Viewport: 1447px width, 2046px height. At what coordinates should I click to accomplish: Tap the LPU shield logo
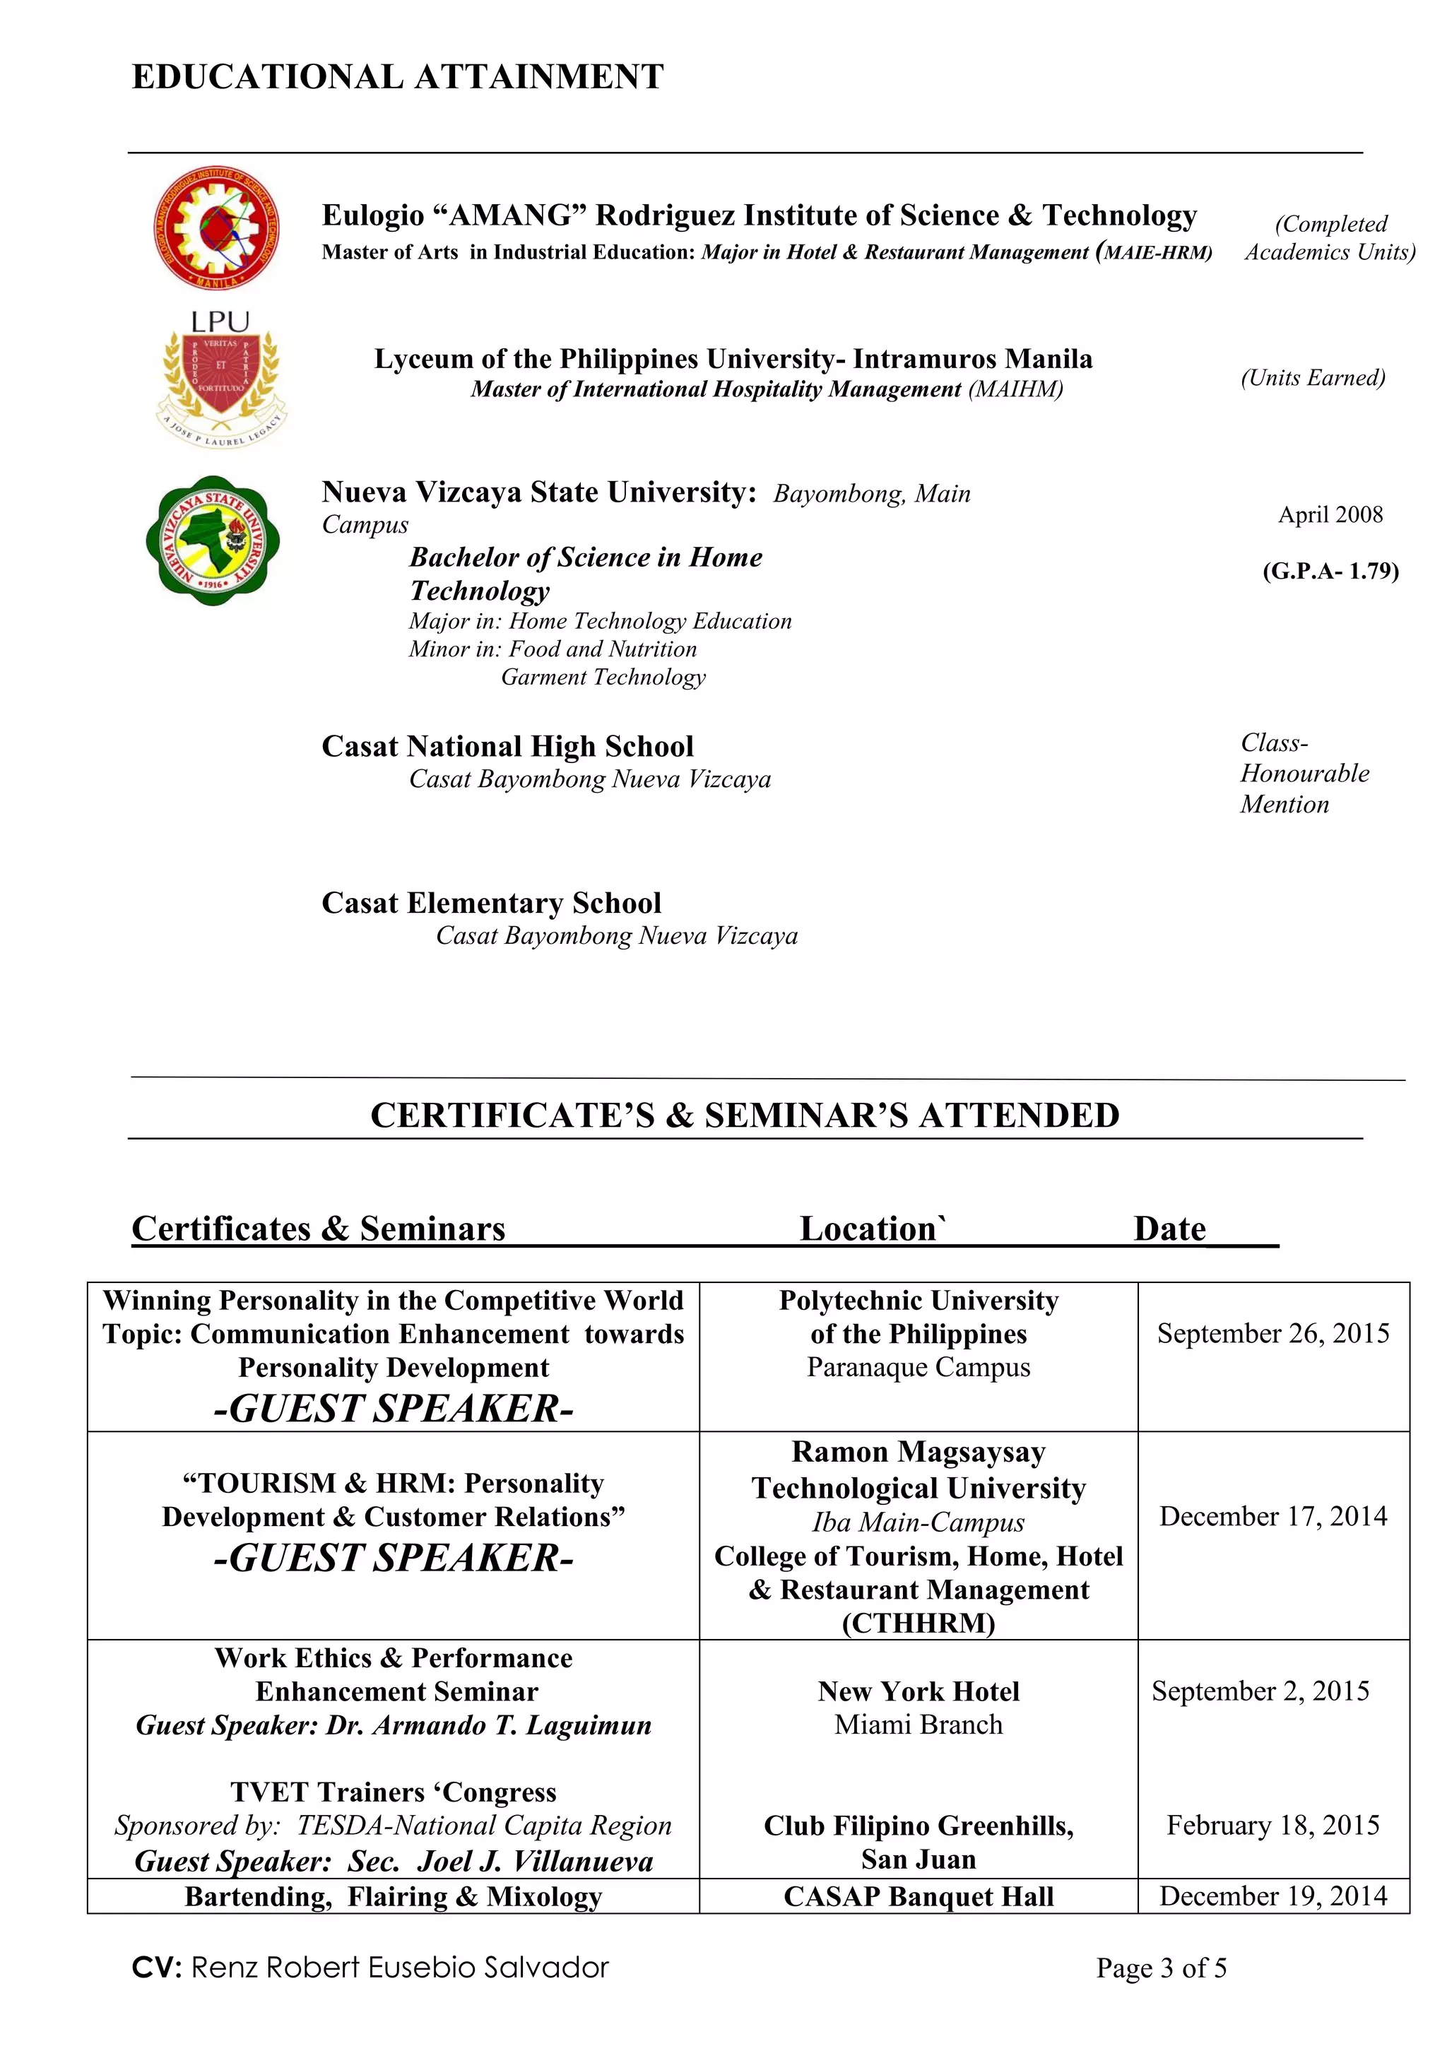[x=221, y=379]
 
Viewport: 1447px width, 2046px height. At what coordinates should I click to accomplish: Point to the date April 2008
[x=1330, y=515]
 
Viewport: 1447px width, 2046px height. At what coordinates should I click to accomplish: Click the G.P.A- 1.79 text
[x=1330, y=572]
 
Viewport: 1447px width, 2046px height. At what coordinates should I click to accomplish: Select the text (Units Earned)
[x=1313, y=378]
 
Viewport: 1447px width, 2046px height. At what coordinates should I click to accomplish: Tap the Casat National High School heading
[x=507, y=747]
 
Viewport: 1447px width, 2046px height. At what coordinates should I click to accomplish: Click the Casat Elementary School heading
[x=491, y=904]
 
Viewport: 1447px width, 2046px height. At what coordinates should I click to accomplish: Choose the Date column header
[x=1169, y=1229]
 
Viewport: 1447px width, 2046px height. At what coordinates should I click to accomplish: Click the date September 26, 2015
[x=1273, y=1334]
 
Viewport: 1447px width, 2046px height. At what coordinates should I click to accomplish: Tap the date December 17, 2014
[x=1273, y=1517]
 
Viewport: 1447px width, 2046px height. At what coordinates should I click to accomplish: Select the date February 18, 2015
[x=1273, y=1826]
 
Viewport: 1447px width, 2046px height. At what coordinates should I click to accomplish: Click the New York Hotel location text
[x=919, y=1691]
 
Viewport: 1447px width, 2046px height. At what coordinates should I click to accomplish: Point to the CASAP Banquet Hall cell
[x=919, y=1897]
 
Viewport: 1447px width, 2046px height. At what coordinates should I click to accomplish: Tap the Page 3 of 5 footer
[x=1161, y=1968]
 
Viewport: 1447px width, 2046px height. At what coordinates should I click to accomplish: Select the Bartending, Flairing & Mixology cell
[x=393, y=1897]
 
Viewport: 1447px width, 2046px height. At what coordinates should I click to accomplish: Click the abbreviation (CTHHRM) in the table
[x=919, y=1624]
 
